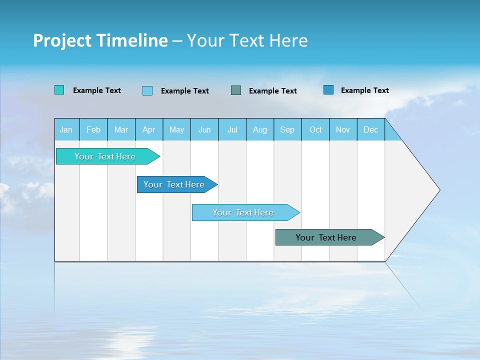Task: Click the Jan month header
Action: click(66, 129)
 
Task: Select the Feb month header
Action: click(93, 129)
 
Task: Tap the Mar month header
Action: click(121, 129)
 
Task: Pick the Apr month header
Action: click(149, 129)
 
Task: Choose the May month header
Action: click(176, 129)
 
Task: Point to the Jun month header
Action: click(204, 129)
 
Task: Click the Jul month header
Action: click(232, 129)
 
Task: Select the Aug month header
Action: click(260, 129)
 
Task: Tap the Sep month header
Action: click(287, 129)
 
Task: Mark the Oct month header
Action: click(315, 129)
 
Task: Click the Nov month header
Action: click(343, 129)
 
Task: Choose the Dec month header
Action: click(370, 129)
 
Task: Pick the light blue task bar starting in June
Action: click(243, 212)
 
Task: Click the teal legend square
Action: click(59, 90)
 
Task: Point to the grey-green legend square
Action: click(236, 90)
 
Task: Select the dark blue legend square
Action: click(328, 90)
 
